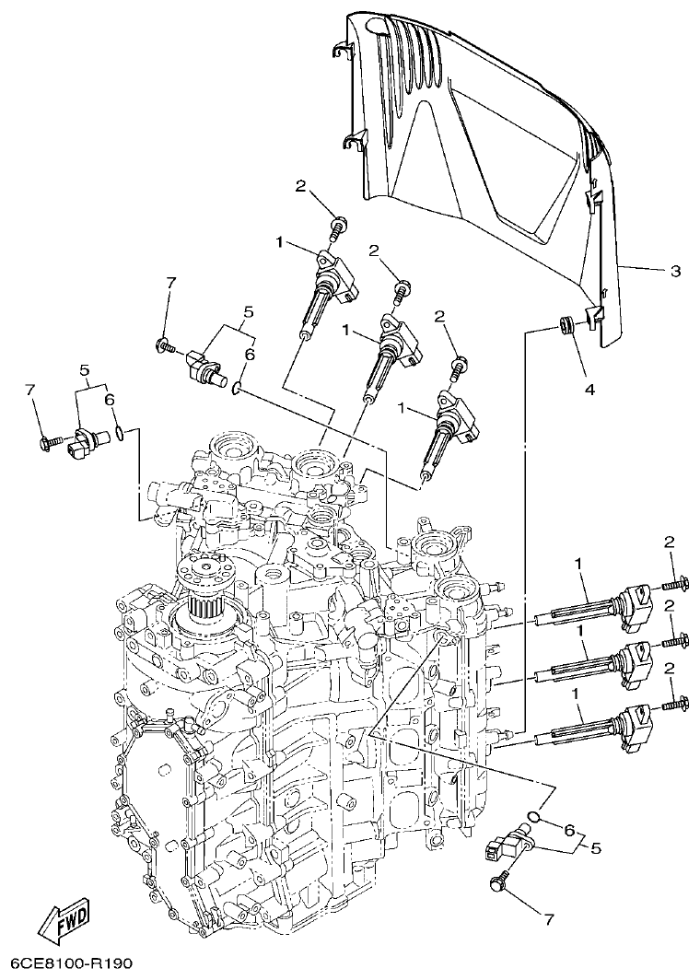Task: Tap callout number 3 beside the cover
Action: (x=675, y=271)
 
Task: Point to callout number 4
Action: (x=589, y=389)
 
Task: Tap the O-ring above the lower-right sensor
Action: (x=533, y=815)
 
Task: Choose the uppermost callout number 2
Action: (x=300, y=185)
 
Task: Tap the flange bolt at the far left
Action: (x=46, y=444)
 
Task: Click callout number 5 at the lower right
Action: (x=595, y=847)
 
